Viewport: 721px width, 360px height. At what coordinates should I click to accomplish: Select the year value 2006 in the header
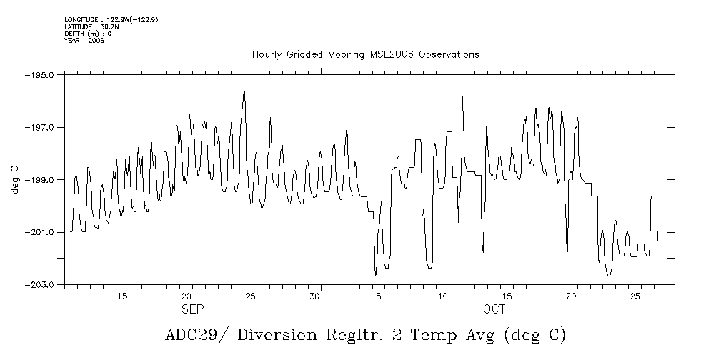coord(96,41)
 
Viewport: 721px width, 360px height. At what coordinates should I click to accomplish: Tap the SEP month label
coord(192,309)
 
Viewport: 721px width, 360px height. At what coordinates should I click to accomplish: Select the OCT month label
coord(494,309)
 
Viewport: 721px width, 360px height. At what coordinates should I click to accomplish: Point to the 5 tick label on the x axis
coord(379,296)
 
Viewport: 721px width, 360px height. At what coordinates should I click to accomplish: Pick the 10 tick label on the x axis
coord(443,296)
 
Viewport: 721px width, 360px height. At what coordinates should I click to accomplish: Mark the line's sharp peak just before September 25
coord(244,91)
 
